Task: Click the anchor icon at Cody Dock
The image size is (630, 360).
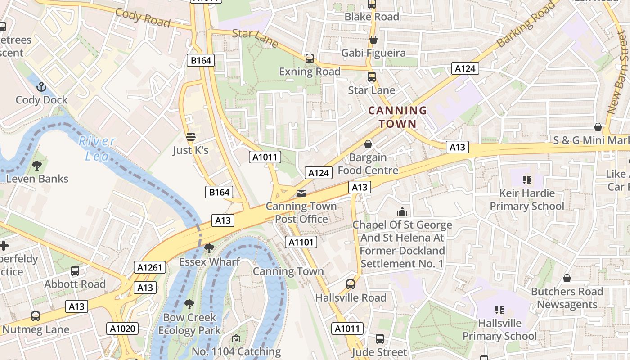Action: click(x=41, y=86)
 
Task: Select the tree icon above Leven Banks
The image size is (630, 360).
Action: click(x=37, y=166)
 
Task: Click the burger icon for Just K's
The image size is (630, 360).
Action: click(x=191, y=137)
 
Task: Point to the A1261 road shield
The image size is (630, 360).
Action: click(x=150, y=268)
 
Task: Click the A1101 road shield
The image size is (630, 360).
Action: click(x=301, y=242)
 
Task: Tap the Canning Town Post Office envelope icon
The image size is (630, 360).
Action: click(x=301, y=193)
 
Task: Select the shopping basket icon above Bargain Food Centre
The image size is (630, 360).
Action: click(x=368, y=144)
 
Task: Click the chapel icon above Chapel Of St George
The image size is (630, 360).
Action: click(x=402, y=211)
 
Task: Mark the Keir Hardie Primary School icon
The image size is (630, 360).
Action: click(x=526, y=180)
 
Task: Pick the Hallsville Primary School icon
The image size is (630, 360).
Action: click(x=499, y=310)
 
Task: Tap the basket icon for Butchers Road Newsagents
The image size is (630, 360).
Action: click(x=567, y=278)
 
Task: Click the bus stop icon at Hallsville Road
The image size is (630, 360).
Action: click(x=351, y=284)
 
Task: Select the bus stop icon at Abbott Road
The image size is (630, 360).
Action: click(x=75, y=271)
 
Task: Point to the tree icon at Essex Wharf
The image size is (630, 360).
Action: click(x=209, y=248)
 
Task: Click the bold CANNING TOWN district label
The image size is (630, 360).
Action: click(x=397, y=117)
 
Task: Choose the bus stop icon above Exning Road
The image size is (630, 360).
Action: click(x=309, y=58)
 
